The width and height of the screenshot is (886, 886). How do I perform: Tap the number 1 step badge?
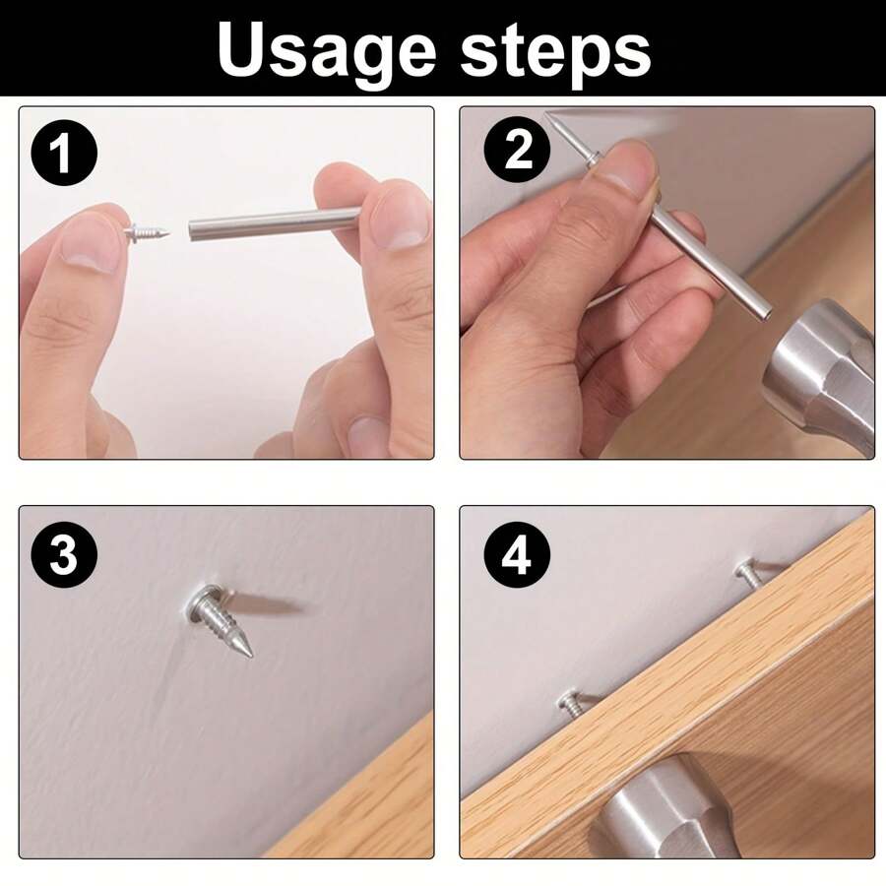[x=64, y=155]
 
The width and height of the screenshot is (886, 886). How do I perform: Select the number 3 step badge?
[x=64, y=556]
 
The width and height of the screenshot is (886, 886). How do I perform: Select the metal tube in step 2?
[x=709, y=261]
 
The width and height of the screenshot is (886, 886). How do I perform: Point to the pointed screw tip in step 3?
[x=245, y=647]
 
